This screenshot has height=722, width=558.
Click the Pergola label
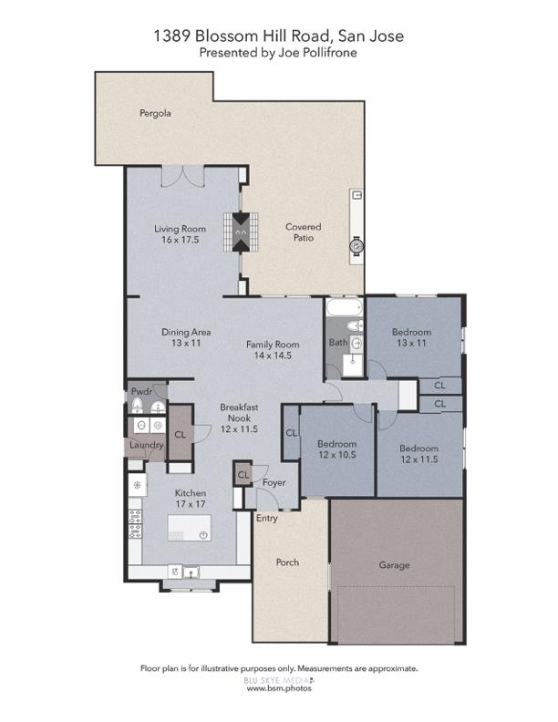[x=155, y=114]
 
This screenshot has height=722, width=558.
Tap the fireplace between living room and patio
[x=241, y=232]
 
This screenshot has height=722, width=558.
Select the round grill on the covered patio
[x=356, y=245]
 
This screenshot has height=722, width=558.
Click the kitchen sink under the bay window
[x=190, y=572]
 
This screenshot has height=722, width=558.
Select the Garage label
[x=394, y=565]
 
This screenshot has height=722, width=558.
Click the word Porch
[x=286, y=562]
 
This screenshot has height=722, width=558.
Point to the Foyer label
[x=274, y=482]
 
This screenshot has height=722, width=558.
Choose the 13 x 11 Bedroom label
[x=411, y=337]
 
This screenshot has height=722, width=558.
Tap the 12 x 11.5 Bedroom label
[x=418, y=454]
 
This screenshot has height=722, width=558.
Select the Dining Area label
[x=181, y=337]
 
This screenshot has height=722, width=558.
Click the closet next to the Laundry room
[x=180, y=436]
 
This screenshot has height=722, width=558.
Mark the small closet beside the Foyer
[x=243, y=475]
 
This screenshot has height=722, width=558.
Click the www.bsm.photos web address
[x=279, y=689]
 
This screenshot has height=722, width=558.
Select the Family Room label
[x=273, y=350]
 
